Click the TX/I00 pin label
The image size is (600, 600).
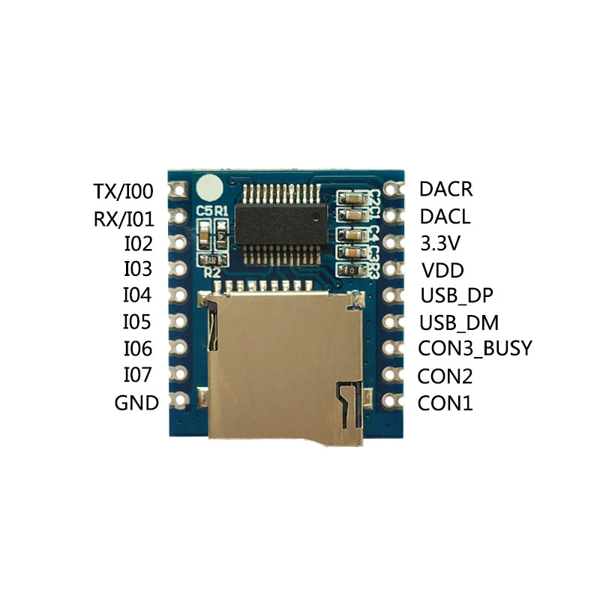point(123,191)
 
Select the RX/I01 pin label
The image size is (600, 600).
point(124,219)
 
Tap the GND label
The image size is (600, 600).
point(136,403)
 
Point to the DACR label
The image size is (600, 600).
point(445,189)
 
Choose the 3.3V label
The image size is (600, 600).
point(440,243)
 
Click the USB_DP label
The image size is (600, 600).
point(457,295)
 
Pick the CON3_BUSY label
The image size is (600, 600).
point(475,348)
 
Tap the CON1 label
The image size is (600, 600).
point(445,403)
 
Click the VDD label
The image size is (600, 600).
point(442,271)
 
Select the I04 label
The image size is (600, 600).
point(137,295)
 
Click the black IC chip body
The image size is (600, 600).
point(281,224)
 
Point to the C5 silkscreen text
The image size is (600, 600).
point(204,211)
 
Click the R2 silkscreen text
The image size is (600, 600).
point(212,273)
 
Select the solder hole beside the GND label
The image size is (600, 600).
point(179,400)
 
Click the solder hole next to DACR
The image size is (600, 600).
point(391,189)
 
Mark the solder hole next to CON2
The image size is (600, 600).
point(391,374)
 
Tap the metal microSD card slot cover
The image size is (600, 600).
point(285,367)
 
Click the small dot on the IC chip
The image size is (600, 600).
point(315,217)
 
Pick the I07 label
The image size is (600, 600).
point(137,374)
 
